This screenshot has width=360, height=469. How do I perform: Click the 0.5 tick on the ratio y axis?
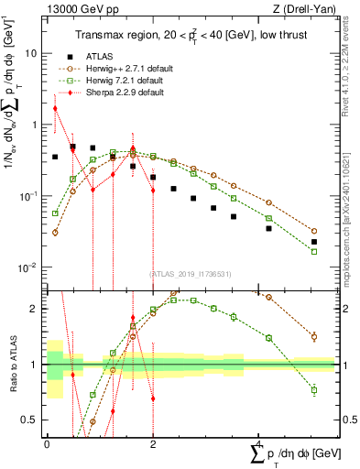(x=32, y=420)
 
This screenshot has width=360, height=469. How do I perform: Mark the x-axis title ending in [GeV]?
(x=293, y=453)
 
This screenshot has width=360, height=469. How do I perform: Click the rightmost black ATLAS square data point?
(x=314, y=242)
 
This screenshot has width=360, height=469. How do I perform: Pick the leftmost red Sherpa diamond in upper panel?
(x=55, y=108)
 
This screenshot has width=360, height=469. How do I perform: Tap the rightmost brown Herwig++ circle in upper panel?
(x=314, y=232)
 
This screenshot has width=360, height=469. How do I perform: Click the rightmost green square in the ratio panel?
(x=314, y=390)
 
